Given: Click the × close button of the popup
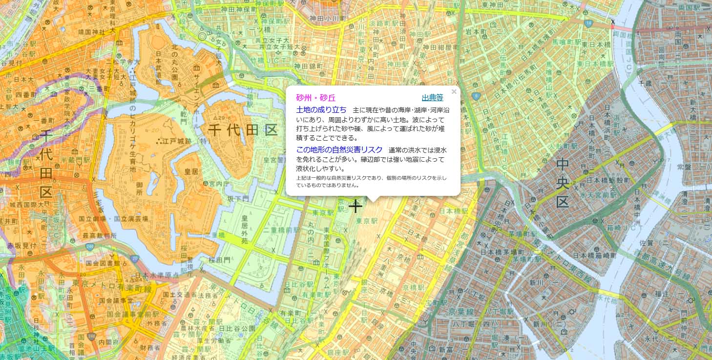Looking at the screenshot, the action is click(454, 91).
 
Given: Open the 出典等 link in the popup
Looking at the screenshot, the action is click(432, 98).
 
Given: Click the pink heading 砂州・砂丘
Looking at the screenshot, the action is click(316, 98).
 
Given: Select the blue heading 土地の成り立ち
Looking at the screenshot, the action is click(321, 109).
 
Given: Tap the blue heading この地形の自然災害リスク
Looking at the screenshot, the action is click(339, 149).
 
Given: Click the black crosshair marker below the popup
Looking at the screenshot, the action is click(355, 206).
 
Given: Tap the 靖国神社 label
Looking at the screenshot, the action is click(92, 32).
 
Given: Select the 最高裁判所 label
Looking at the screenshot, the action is click(99, 235).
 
